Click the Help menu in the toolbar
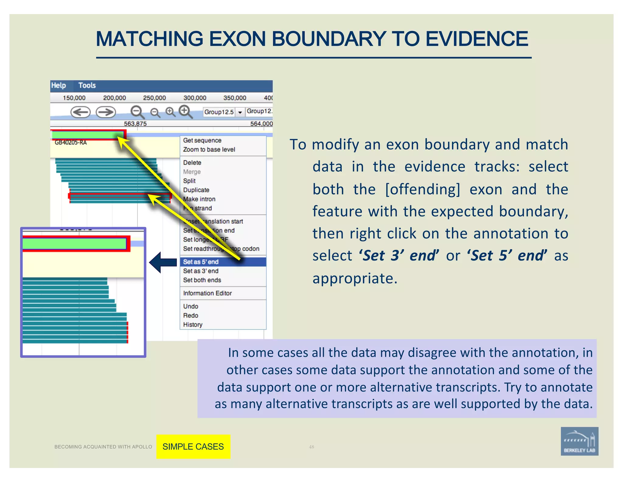point(58,86)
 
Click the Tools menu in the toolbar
point(87,86)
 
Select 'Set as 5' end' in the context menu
point(201,262)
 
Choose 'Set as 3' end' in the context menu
point(201,271)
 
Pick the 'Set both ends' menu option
point(202,280)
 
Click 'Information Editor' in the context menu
point(207,293)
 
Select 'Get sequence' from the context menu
point(202,140)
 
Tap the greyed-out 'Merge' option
point(192,172)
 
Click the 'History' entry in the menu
point(193,324)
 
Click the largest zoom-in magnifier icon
point(185,111)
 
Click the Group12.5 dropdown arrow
point(240,112)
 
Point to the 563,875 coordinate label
point(135,124)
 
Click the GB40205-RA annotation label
point(71,143)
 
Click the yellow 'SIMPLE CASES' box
point(193,446)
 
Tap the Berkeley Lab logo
point(579,441)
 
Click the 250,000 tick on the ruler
point(155,98)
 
